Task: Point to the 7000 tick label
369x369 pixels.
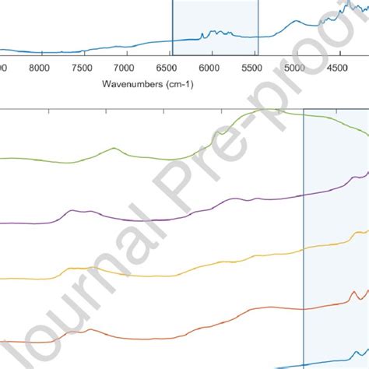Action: point(125,69)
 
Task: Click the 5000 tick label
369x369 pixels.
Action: point(294,69)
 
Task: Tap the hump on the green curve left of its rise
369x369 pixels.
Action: point(114,149)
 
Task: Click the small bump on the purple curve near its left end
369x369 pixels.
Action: point(72,211)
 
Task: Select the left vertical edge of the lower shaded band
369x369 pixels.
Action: point(303,234)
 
